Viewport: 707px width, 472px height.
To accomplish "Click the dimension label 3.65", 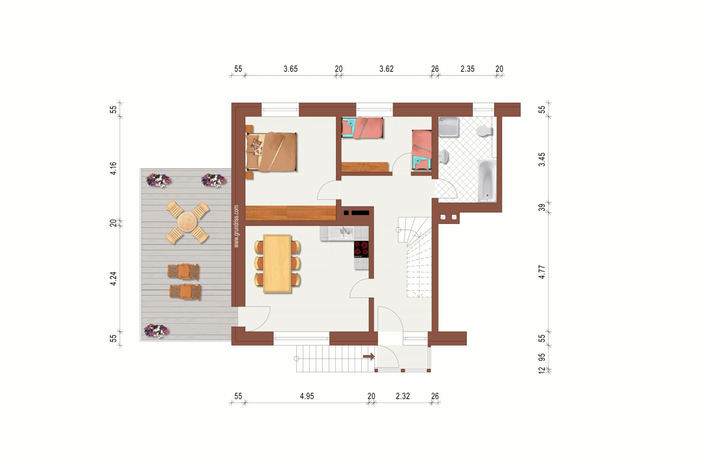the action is tap(290, 69).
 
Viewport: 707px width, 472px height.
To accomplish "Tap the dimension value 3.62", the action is tap(386, 69).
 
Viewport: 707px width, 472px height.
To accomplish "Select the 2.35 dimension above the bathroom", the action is tap(467, 69).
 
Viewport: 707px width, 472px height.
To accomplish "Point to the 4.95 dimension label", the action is tap(307, 396).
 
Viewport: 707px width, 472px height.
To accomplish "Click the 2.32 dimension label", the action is tap(403, 396).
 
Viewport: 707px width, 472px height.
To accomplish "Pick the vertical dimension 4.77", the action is tap(542, 272).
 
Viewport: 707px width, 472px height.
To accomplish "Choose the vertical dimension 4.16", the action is tap(113, 168).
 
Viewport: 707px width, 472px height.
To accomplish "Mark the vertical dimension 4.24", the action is tap(113, 279).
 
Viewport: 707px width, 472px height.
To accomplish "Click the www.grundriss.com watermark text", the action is tap(236, 226).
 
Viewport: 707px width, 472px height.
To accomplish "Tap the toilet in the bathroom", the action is tap(484, 131).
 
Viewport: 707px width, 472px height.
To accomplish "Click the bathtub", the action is tap(487, 181).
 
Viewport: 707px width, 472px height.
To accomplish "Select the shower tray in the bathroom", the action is tap(449, 127).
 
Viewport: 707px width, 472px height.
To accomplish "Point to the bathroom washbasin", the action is tap(444, 156).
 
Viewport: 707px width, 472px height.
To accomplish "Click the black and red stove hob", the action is tap(361, 249).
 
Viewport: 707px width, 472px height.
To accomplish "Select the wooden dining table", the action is tap(277, 264).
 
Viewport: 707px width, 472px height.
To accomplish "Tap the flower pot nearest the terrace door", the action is tap(156, 331).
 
